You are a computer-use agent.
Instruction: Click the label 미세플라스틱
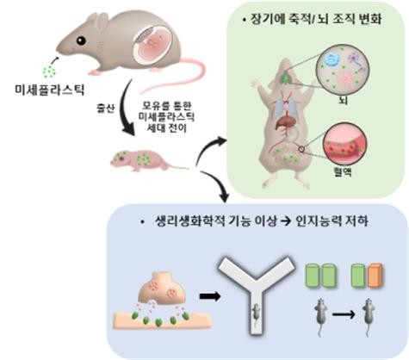50,90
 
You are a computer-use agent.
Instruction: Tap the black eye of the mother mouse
81,40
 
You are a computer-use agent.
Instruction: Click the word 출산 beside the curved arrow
105,109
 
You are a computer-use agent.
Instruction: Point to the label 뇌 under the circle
343,100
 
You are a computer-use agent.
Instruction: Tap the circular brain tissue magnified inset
343,71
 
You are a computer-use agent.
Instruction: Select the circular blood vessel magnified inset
344,144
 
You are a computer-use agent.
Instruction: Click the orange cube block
375,276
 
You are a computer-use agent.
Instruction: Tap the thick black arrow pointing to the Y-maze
210,296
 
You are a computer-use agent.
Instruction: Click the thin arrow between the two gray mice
344,314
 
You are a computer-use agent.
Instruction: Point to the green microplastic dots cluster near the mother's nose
49,71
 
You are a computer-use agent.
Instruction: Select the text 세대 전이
167,127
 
